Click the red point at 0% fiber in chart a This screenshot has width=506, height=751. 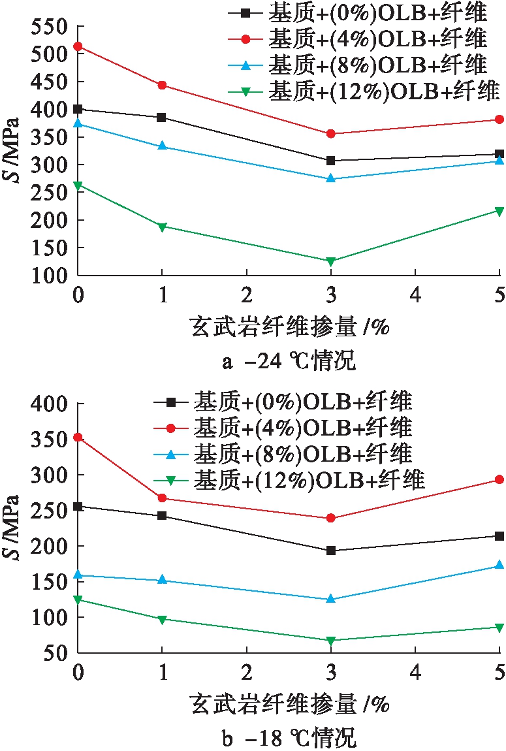coord(78,46)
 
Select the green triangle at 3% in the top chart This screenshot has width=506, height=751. coord(330,261)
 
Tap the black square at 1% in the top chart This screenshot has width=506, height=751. coord(162,118)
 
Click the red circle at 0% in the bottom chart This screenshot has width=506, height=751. coord(78,437)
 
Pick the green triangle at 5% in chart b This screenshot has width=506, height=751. coord(499,628)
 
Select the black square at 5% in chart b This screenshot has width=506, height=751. coord(499,536)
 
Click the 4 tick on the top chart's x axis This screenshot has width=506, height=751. coord(415,295)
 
